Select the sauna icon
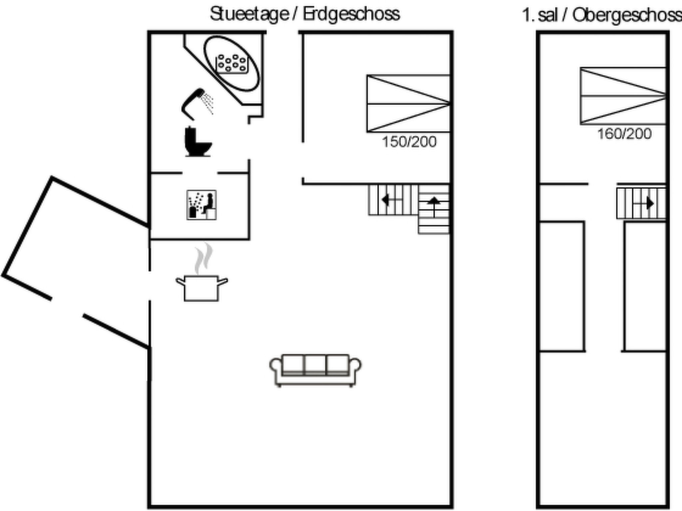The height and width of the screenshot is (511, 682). coord(201,205)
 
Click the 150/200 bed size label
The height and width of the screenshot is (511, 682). coord(409,142)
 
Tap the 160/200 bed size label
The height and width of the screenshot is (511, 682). coord(624,134)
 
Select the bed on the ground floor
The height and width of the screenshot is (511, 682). coord(408,104)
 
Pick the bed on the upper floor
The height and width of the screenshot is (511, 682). coord(623,96)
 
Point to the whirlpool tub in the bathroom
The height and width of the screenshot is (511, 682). coord(231,64)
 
